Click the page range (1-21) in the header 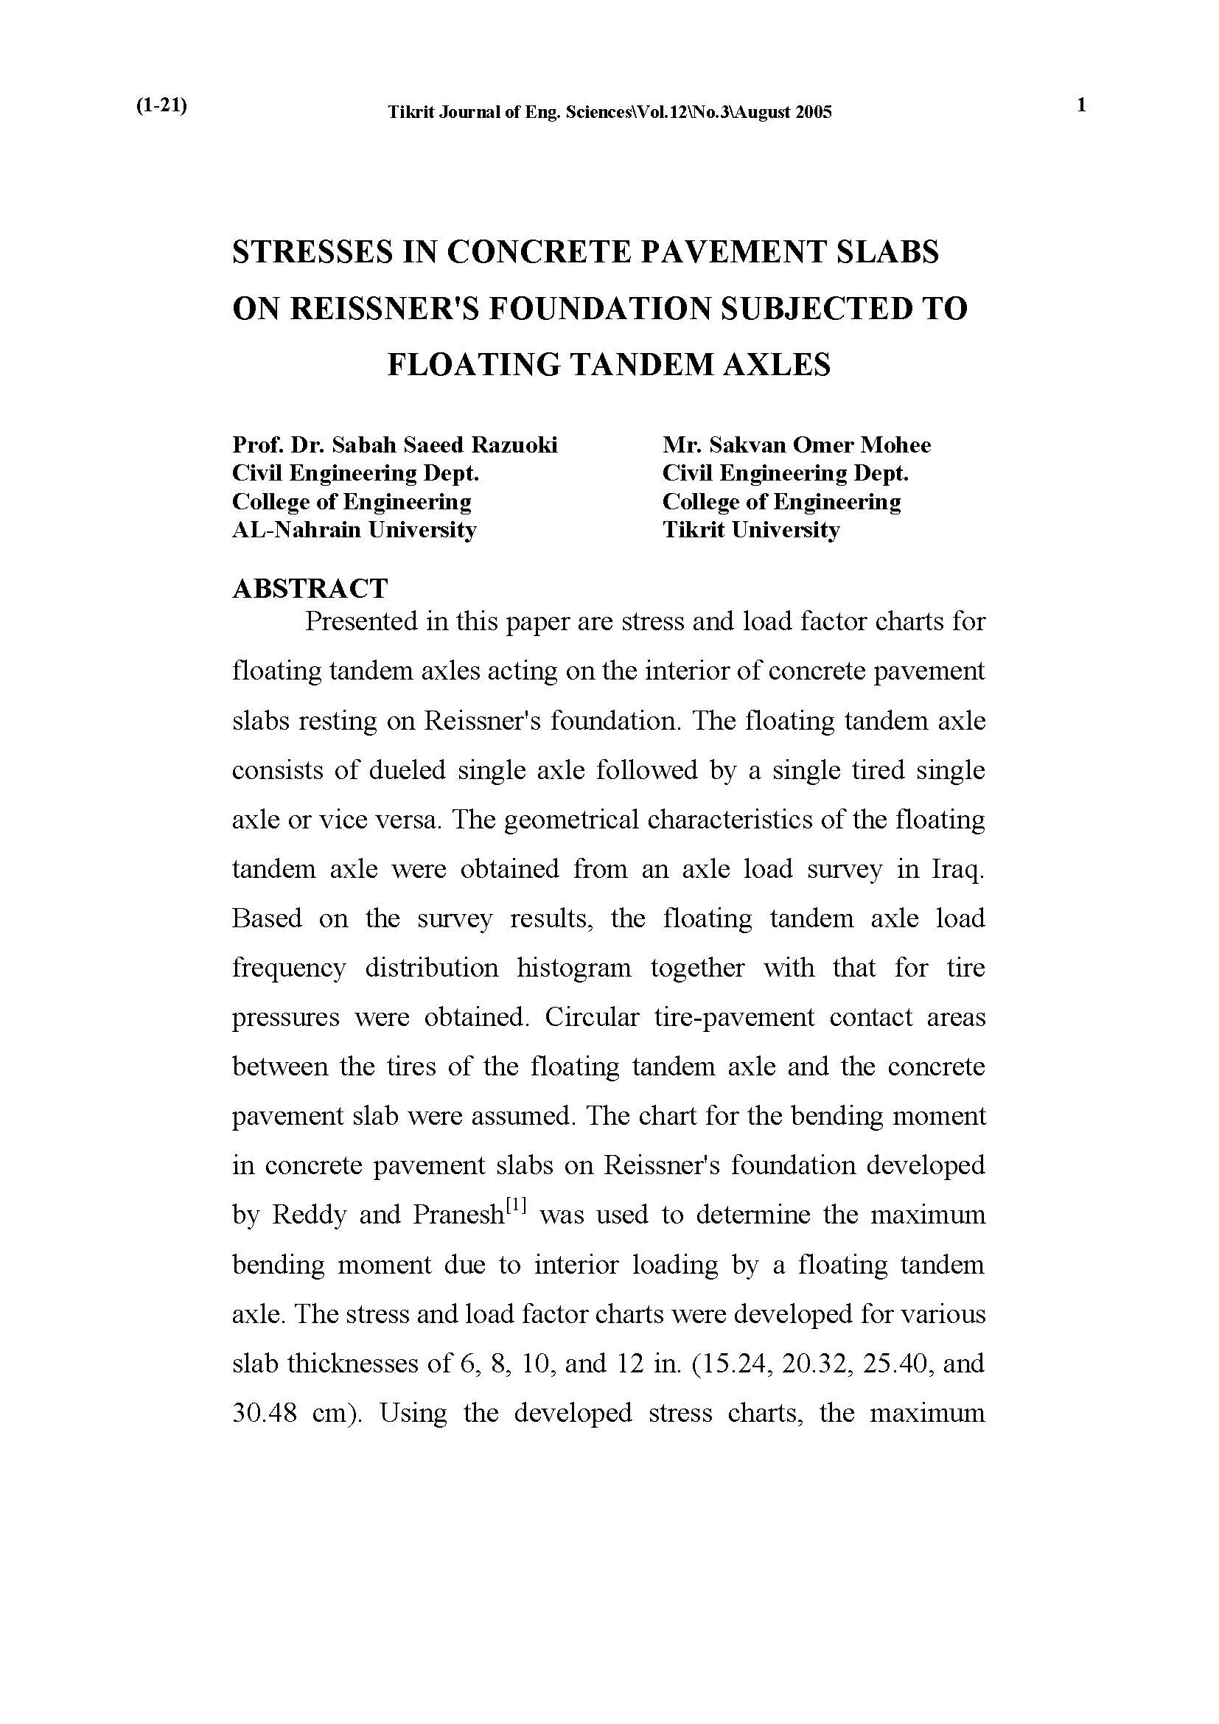point(161,106)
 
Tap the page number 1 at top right point(1082,105)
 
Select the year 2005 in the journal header point(811,113)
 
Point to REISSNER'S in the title point(385,309)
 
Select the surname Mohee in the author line point(895,445)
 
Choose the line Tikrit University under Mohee point(750,530)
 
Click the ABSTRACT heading point(310,588)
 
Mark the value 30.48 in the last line point(262,1414)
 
